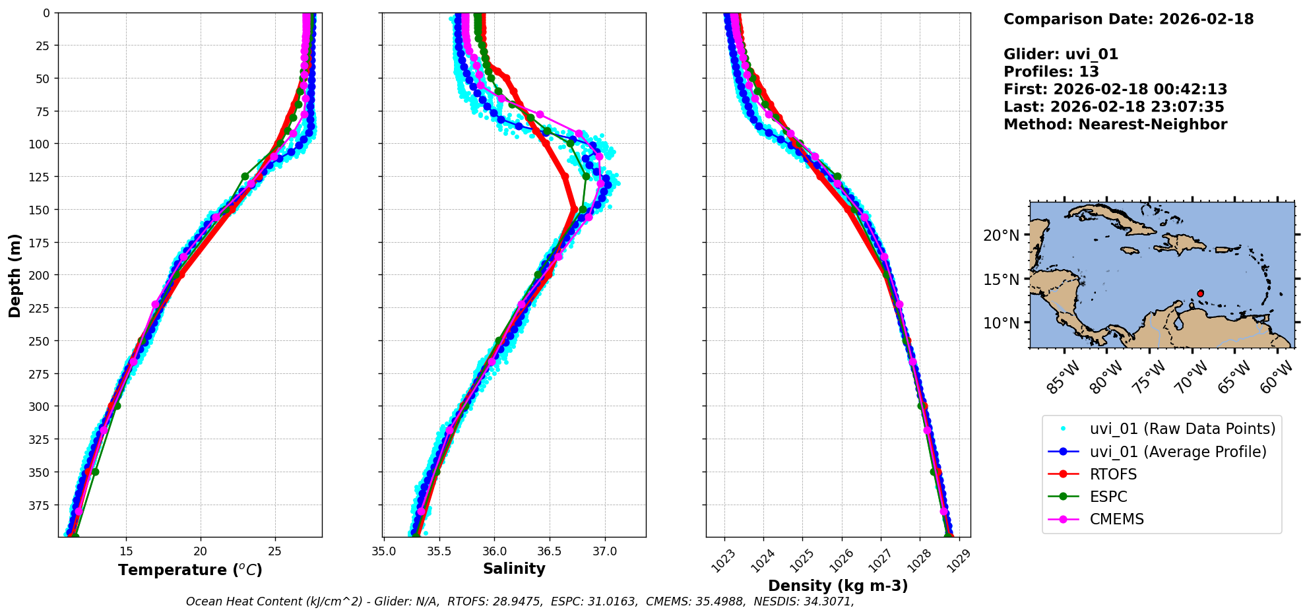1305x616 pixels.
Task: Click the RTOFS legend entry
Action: coord(1113,474)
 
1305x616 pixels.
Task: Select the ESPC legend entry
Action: coord(1108,497)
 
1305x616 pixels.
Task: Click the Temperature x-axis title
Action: coord(190,570)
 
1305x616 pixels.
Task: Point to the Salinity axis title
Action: coord(514,569)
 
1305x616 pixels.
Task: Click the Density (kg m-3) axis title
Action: coord(838,586)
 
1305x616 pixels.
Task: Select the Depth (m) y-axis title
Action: coord(15,275)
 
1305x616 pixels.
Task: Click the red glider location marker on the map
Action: coord(1200,293)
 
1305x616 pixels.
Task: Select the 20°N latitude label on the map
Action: coord(1001,235)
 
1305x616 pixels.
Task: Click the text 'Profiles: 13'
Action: coord(1051,72)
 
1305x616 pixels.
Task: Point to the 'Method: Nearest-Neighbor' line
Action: coord(1115,125)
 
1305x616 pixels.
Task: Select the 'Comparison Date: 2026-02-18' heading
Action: coord(1128,19)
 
